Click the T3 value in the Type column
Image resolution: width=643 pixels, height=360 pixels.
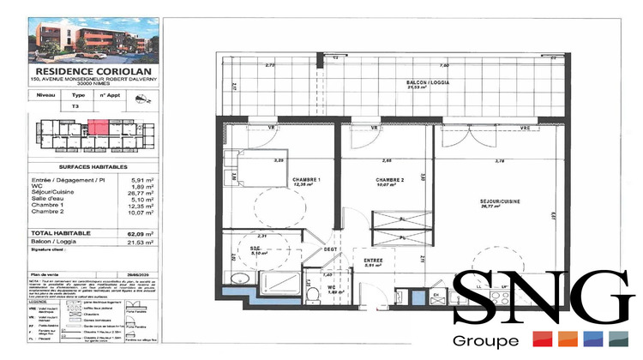[x=75, y=107]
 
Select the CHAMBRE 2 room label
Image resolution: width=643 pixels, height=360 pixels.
[x=388, y=180]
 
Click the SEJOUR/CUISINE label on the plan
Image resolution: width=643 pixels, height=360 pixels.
[x=498, y=201]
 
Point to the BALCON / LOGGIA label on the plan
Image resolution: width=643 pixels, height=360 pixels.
[x=428, y=83]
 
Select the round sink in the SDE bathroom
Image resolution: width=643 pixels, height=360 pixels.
[x=241, y=282]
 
